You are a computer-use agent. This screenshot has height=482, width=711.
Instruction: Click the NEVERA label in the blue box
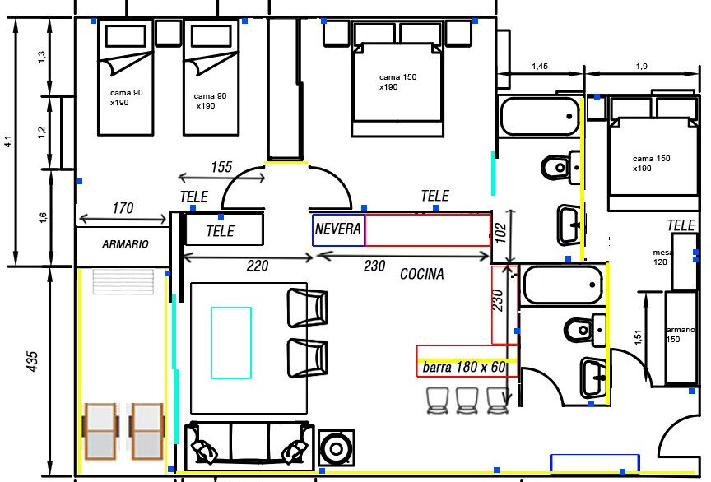point(338,229)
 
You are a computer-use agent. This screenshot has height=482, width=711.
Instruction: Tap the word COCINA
point(421,274)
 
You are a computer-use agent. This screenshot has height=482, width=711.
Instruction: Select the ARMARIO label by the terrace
point(125,244)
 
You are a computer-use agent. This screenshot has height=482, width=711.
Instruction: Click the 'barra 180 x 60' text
point(464,367)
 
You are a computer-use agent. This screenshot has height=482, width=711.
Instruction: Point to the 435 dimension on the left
point(32,361)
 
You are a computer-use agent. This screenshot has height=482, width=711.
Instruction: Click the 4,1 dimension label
point(8,141)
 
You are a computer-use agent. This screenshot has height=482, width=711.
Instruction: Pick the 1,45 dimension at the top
point(540,66)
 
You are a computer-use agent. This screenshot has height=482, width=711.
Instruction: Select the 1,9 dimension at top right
point(642,66)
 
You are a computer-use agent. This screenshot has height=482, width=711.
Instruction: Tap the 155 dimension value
point(221,167)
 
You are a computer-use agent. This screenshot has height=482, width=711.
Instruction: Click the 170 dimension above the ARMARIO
point(123,208)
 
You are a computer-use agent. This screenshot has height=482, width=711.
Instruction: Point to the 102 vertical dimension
point(500,233)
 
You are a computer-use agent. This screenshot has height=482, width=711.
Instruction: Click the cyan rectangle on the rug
point(231,343)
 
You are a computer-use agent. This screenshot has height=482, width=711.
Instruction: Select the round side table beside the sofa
point(336,448)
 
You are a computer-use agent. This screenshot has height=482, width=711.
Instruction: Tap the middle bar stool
point(467,401)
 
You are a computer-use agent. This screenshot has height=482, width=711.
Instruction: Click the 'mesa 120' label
point(662,257)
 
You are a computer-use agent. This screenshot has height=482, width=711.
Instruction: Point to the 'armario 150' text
point(681,334)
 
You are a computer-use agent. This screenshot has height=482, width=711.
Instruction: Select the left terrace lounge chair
point(100,431)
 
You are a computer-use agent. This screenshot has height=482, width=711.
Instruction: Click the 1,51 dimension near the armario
point(638,337)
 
